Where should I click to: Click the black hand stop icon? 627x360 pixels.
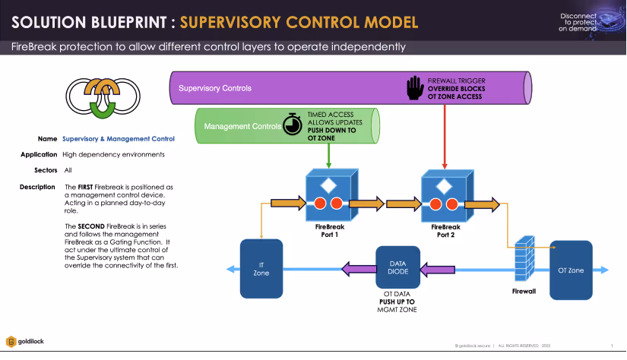(x=413, y=87)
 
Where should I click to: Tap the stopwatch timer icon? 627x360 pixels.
(x=293, y=125)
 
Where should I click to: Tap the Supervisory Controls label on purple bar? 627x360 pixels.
(x=214, y=88)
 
